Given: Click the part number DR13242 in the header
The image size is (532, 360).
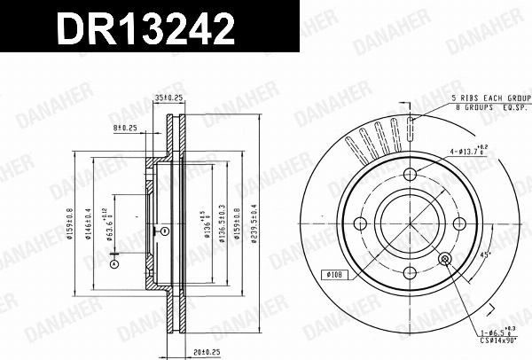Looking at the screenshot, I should [146, 29].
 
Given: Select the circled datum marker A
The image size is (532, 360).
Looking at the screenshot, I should [113, 262].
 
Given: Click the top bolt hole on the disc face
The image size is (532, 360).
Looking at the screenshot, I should [410, 174].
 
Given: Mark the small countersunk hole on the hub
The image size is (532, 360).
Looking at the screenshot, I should [445, 258].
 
